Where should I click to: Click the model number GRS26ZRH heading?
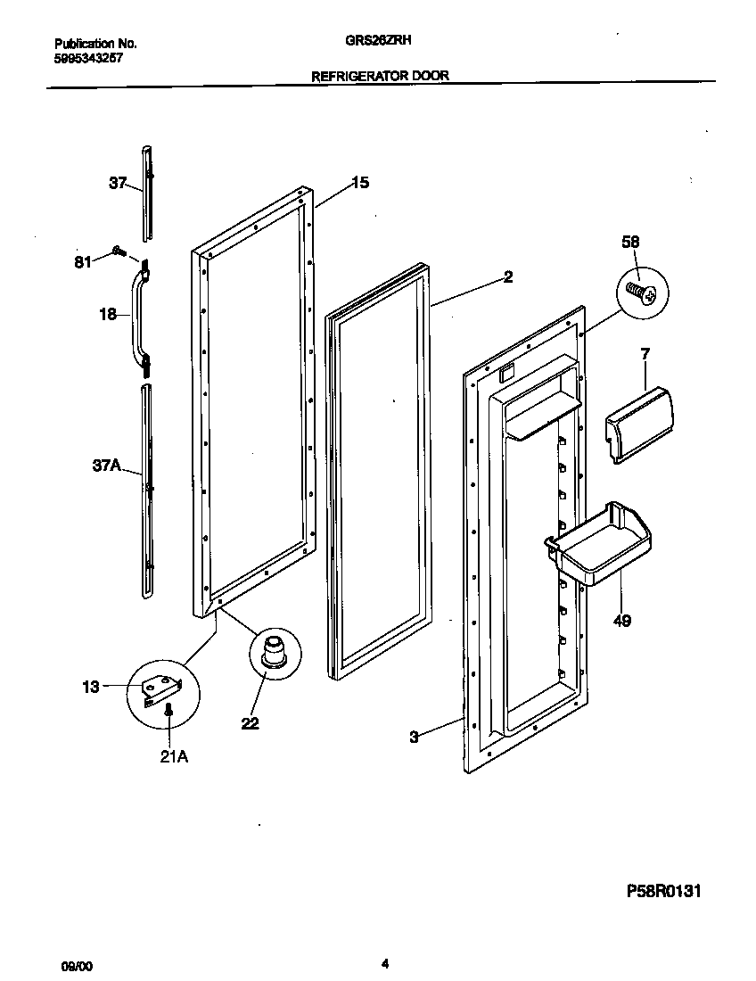(x=380, y=40)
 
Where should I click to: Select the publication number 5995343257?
(x=88, y=56)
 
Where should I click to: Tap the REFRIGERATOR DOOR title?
(x=379, y=77)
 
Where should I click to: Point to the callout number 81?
(x=82, y=262)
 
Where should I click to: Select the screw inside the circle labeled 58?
(x=644, y=293)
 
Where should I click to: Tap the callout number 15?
(x=359, y=183)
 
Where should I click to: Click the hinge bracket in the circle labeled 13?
(x=161, y=688)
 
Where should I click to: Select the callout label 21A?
(x=173, y=757)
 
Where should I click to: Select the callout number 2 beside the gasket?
(x=507, y=277)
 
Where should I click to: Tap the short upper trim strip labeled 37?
(x=147, y=192)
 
